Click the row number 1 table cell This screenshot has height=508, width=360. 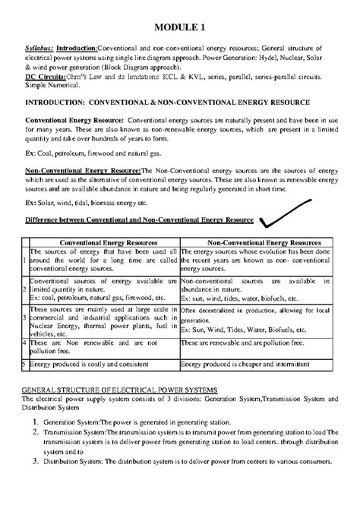tap(24, 260)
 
